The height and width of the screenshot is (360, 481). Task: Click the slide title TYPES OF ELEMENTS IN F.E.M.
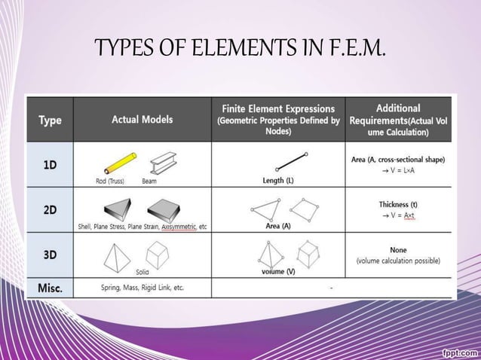[x=240, y=50]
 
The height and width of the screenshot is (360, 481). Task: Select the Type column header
[x=50, y=120]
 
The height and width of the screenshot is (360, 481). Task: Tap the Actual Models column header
[x=142, y=119]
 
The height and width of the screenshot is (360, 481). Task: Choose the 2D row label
[x=49, y=210]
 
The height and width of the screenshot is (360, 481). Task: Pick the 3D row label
[x=49, y=255]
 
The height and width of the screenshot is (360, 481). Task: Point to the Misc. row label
[x=50, y=288]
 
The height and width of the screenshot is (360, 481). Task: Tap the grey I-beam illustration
[x=164, y=163]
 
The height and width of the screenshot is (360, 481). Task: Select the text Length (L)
[x=278, y=181]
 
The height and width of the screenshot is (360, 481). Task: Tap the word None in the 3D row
[x=398, y=249]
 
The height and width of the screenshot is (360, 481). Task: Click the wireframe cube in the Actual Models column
[x=157, y=252]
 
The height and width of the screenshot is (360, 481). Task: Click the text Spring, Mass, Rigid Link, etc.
[x=142, y=288]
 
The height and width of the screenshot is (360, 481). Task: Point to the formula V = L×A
[x=401, y=171]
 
